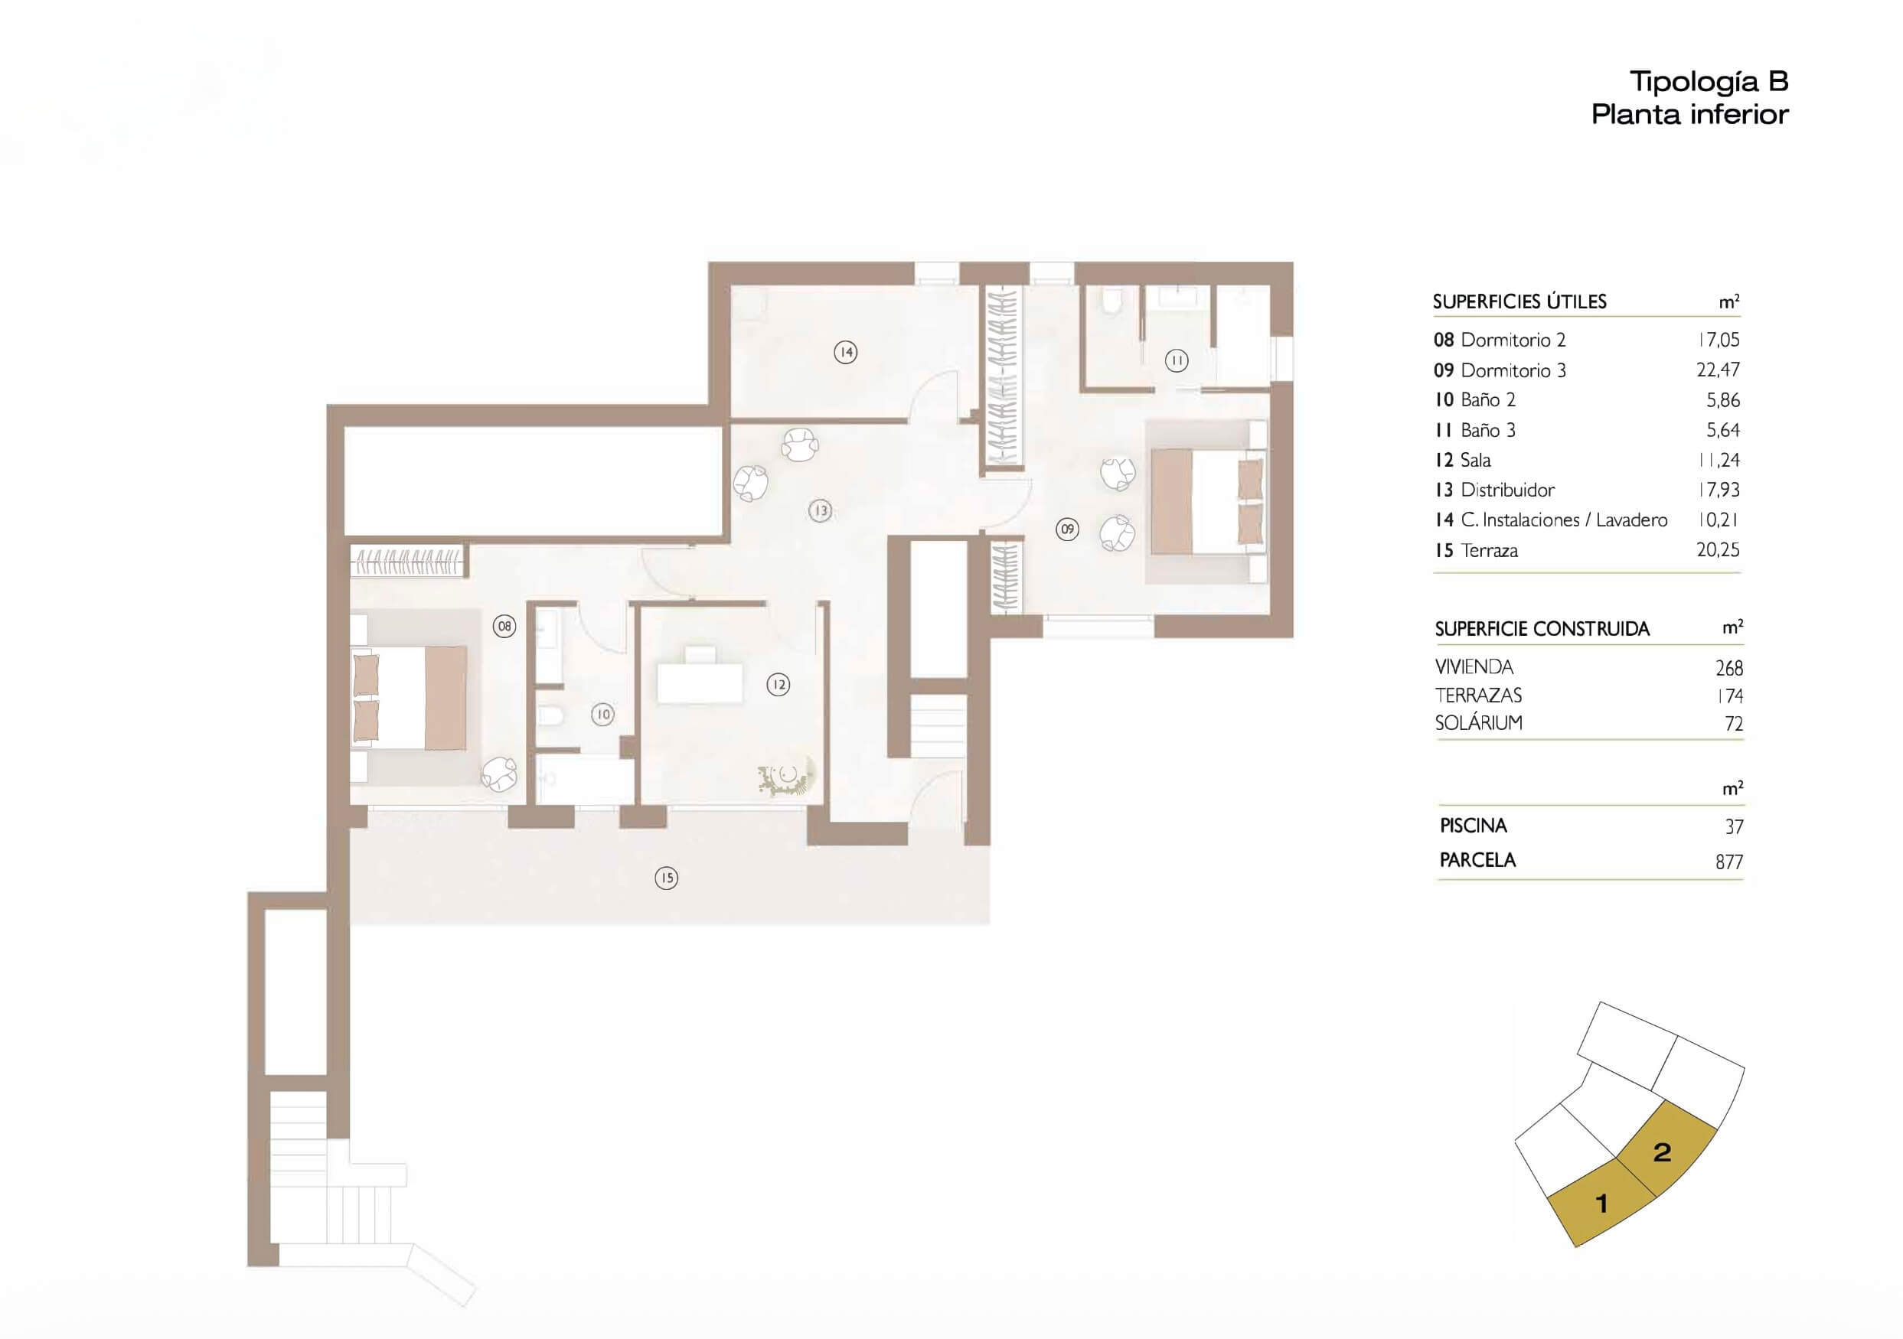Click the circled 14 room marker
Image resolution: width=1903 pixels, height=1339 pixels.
(845, 352)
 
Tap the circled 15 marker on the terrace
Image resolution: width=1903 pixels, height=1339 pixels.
(667, 878)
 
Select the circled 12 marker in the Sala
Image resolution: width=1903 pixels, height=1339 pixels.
(778, 684)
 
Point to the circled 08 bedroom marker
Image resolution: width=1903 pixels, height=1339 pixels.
(504, 627)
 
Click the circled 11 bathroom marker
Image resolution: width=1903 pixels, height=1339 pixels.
(1177, 360)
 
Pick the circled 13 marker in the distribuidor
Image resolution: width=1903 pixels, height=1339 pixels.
(821, 510)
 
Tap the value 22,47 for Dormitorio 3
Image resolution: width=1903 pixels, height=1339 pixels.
(1719, 370)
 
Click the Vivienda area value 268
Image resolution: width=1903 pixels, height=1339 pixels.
(1729, 668)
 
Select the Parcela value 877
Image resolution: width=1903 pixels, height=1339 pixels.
(1729, 862)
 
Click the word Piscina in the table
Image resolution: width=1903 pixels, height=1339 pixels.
(1474, 826)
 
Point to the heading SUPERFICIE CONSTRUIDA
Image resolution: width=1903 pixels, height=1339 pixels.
(1542, 629)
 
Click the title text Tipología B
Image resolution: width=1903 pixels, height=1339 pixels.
(1709, 81)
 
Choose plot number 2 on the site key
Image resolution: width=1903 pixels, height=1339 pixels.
(1662, 1152)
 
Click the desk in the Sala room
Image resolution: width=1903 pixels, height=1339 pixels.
(700, 681)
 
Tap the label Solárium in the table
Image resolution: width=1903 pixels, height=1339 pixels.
(1479, 722)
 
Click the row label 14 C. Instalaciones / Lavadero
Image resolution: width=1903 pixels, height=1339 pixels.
(1551, 520)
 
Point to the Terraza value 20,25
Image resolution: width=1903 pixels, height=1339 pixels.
(1719, 549)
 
